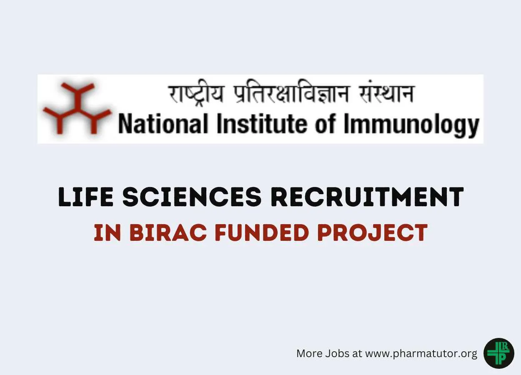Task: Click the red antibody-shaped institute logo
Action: click(77, 108)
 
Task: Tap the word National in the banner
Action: click(163, 124)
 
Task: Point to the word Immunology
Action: click(411, 125)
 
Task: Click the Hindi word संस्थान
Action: click(386, 93)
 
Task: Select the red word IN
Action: click(108, 232)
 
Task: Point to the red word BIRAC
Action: click(168, 232)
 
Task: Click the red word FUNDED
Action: click(262, 232)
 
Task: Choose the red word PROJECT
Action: click(372, 232)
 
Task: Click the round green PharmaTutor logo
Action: click(498, 353)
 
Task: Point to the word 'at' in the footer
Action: click(357, 354)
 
